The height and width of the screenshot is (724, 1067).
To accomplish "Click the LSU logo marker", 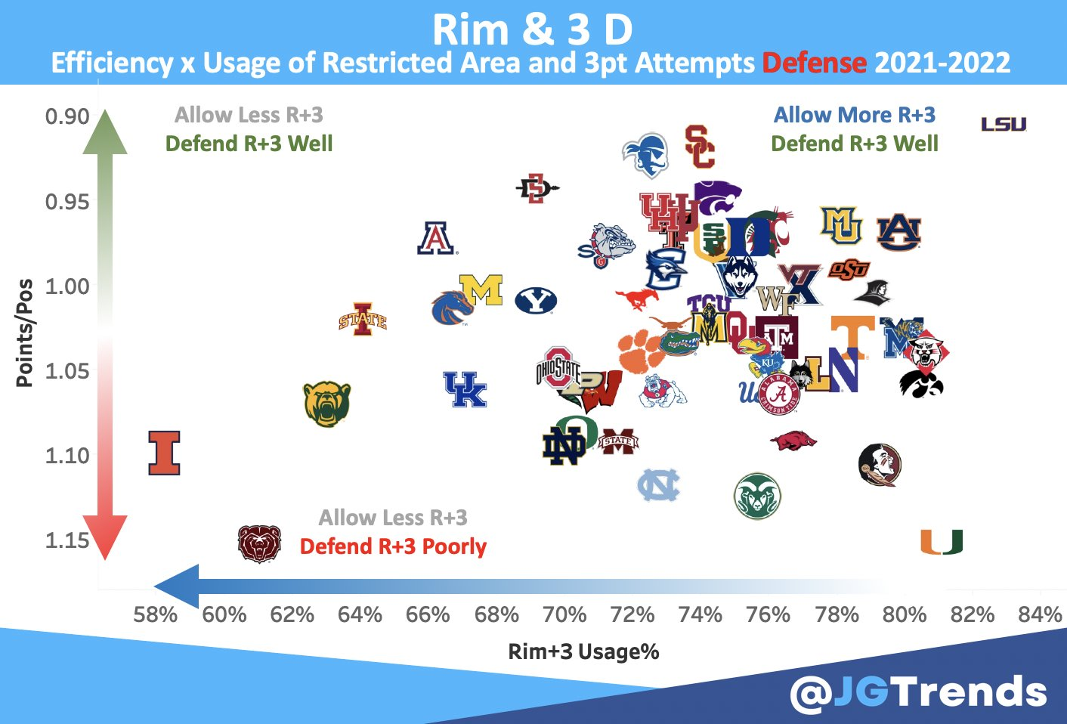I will pyautogui.click(x=1004, y=124).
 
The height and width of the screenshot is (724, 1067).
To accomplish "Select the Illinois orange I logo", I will pyautogui.click(x=164, y=453).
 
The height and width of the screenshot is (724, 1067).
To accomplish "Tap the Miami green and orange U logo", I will pyautogui.click(x=941, y=542).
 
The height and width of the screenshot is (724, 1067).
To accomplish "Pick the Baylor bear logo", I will pyautogui.click(x=327, y=404).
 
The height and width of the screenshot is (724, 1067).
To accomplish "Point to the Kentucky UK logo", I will pyautogui.click(x=465, y=390).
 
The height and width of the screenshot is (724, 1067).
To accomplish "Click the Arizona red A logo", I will pyautogui.click(x=436, y=238).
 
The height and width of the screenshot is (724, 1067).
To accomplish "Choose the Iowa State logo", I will pyautogui.click(x=363, y=320).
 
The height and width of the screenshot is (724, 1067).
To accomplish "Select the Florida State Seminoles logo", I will pyautogui.click(x=880, y=464).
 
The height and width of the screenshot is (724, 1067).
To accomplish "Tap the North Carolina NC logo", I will pyautogui.click(x=658, y=485).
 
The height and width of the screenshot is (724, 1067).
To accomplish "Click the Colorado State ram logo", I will pyautogui.click(x=757, y=496).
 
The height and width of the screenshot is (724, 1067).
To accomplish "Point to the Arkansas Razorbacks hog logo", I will pyautogui.click(x=793, y=440).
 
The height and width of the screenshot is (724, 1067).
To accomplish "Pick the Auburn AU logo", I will pyautogui.click(x=898, y=232).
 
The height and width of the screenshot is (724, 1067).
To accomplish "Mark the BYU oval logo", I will pyautogui.click(x=536, y=301).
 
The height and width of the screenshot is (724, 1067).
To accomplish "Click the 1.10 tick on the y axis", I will pyautogui.click(x=67, y=456).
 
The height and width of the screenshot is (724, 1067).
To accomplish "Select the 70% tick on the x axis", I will pyautogui.click(x=564, y=614).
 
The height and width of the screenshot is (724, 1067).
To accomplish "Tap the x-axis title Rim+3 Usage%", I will pyautogui.click(x=583, y=651).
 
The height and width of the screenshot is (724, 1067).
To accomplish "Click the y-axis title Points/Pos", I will pyautogui.click(x=25, y=333).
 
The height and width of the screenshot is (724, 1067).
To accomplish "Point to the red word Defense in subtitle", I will pyautogui.click(x=814, y=63).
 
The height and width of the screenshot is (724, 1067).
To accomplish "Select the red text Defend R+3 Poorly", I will pyautogui.click(x=393, y=546).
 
